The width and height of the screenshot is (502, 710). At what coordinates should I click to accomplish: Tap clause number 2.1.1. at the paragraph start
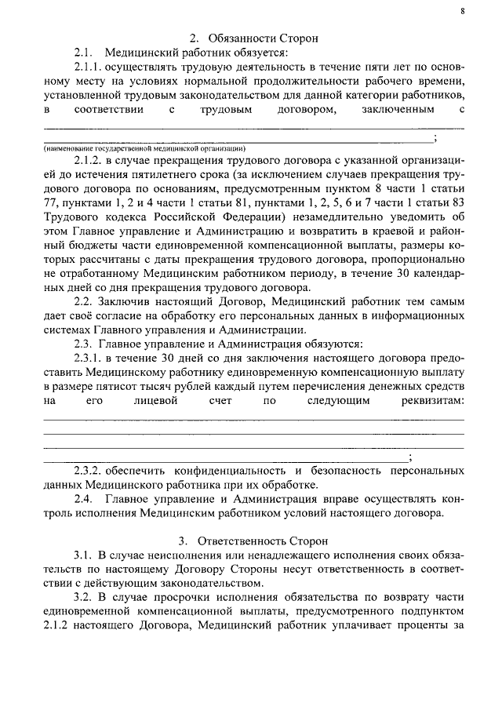coord(91,69)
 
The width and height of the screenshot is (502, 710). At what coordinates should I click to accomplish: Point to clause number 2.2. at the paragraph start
coord(84,301)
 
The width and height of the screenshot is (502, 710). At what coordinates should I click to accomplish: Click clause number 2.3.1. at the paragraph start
coord(90,359)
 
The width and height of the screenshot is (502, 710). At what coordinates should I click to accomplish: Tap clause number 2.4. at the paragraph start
coord(84,500)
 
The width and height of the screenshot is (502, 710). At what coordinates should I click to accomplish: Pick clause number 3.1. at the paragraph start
coord(84,556)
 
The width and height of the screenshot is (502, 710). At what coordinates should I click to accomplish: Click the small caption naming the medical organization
coord(145,147)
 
